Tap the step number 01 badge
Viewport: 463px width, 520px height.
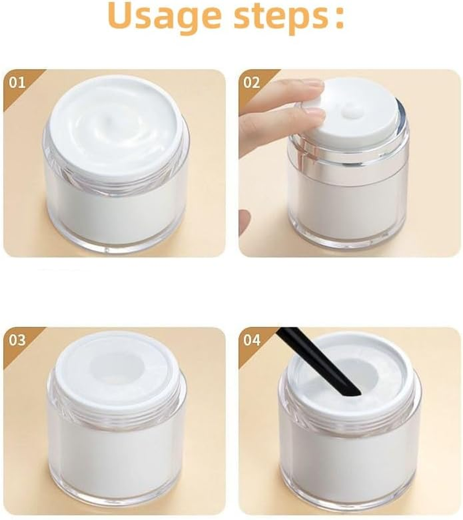(18, 82)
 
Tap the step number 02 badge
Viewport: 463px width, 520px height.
(252, 82)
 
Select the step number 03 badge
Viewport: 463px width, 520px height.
(18, 340)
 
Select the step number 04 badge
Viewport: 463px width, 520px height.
(252, 340)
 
